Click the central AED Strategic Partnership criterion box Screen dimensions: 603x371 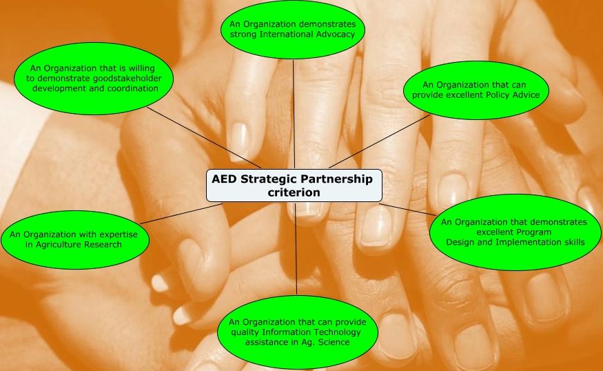[x=294, y=186]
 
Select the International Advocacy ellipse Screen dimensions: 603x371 [x=292, y=29]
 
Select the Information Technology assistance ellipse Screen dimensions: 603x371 [x=298, y=332]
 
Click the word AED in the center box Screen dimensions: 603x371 [x=225, y=179]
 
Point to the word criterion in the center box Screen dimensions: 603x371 [x=294, y=192]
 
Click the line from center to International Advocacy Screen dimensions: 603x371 [x=294, y=114]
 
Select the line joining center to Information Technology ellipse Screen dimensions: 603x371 [x=296, y=248]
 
